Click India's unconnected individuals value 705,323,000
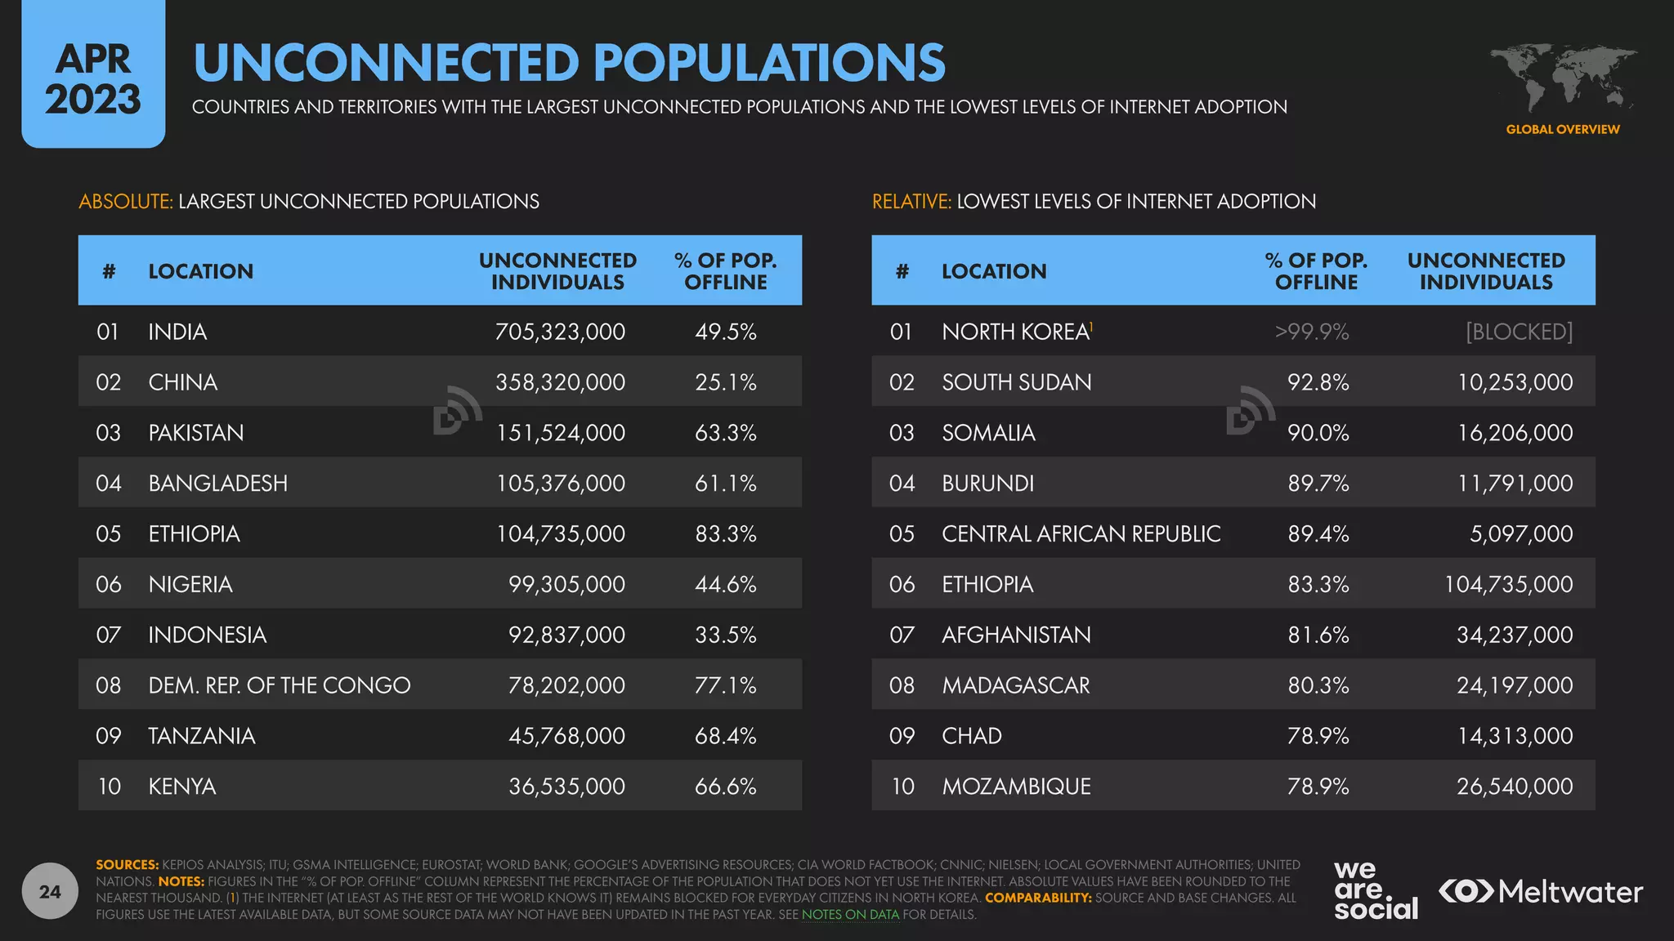pyautogui.click(x=560, y=332)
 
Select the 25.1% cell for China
pyautogui.click(x=726, y=382)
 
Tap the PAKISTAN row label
pyautogui.click(x=196, y=433)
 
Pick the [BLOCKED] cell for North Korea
pyautogui.click(x=1519, y=332)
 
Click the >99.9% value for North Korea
pyautogui.click(x=1312, y=332)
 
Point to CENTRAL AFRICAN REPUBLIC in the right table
pyautogui.click(x=1081, y=534)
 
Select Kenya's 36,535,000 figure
pyautogui.click(x=566, y=787)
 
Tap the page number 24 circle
pyautogui.click(x=50, y=891)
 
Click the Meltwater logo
pyautogui.click(x=1541, y=891)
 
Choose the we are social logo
pyautogui.click(x=1375, y=890)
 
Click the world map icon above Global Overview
pyautogui.click(x=1563, y=78)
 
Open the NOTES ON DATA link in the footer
pyautogui.click(x=850, y=915)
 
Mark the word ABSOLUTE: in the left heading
pyautogui.click(x=126, y=202)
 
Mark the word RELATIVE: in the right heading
pyautogui.click(x=911, y=202)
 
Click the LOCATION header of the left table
pyautogui.click(x=201, y=271)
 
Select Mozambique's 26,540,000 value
pyautogui.click(x=1514, y=787)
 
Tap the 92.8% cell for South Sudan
pyautogui.click(x=1318, y=382)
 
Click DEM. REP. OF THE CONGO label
pyautogui.click(x=280, y=685)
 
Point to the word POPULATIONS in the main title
pyautogui.click(x=769, y=63)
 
